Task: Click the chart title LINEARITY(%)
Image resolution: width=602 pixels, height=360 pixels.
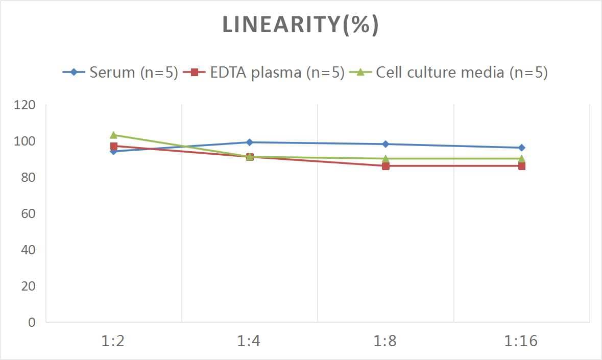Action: pyautogui.click(x=300, y=25)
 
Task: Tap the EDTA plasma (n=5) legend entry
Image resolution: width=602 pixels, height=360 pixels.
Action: pyautogui.click(x=265, y=73)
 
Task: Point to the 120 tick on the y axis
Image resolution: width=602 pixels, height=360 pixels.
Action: pyautogui.click(x=25, y=105)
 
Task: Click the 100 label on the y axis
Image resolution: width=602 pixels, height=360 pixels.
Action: pyautogui.click(x=25, y=141)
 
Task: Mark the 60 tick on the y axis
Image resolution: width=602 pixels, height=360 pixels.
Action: pyautogui.click(x=28, y=213)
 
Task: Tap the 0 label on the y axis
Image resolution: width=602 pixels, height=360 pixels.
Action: pyautogui.click(x=32, y=322)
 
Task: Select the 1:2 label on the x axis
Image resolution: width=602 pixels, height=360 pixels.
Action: pyautogui.click(x=113, y=341)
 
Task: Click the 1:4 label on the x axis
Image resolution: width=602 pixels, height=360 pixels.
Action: pyautogui.click(x=249, y=341)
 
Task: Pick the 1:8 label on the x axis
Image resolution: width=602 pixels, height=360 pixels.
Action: pyautogui.click(x=386, y=341)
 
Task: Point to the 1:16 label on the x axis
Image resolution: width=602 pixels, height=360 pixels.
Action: pyautogui.click(x=521, y=341)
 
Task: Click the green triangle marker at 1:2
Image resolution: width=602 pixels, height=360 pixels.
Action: pyautogui.click(x=113, y=135)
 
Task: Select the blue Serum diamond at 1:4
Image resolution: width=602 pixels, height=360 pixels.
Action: pyautogui.click(x=250, y=142)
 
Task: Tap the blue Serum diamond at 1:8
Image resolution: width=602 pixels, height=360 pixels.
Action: pyautogui.click(x=386, y=144)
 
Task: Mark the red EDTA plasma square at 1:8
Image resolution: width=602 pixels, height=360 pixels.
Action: pyautogui.click(x=386, y=166)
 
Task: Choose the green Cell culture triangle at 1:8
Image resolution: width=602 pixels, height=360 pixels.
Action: pyautogui.click(x=386, y=158)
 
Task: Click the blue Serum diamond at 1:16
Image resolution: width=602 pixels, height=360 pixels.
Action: pyautogui.click(x=521, y=148)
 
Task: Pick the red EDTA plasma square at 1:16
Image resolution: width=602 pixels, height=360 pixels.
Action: pyautogui.click(x=521, y=166)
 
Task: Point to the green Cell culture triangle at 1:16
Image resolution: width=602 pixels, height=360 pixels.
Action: pyautogui.click(x=521, y=158)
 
